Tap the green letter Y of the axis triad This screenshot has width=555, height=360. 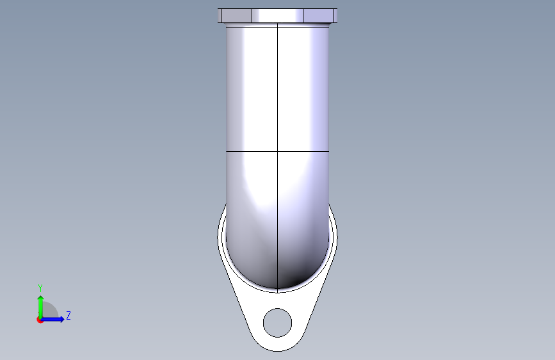coord(40,288)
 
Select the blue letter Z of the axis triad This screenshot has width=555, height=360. coord(68,315)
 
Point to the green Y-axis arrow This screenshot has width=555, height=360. coord(41,307)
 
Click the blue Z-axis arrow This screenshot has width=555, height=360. coord(52,319)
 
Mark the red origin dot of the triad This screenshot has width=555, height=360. coord(40,320)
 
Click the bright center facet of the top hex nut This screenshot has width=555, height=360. coord(278,15)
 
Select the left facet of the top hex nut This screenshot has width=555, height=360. coord(236,15)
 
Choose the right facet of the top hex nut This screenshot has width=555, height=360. coord(319,15)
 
